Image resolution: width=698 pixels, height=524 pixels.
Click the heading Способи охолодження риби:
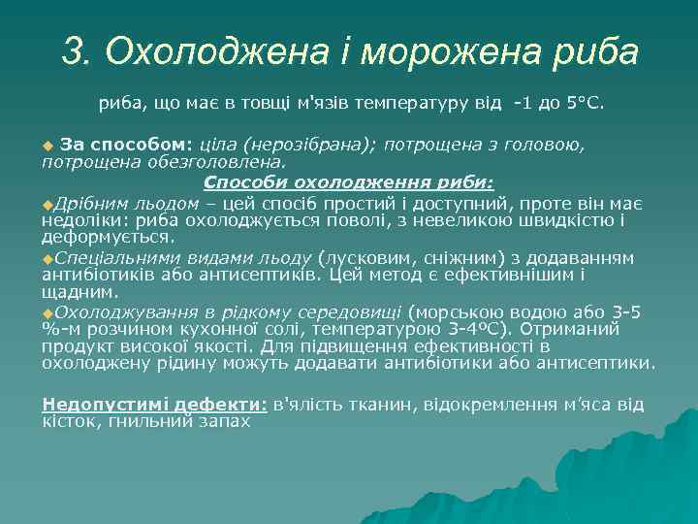tap(348, 181)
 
